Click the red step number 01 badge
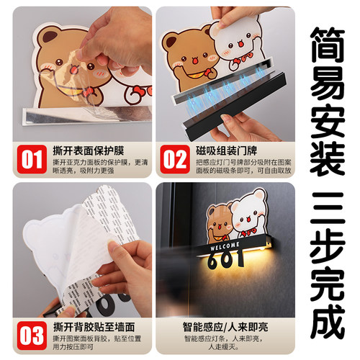pyautogui.click(x=30, y=158)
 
